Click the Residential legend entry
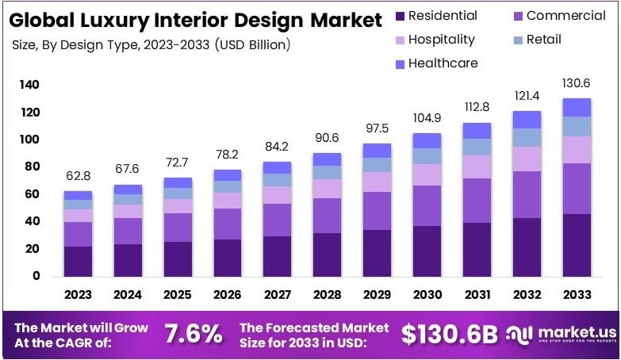pos(443,16)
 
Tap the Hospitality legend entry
pos(441,39)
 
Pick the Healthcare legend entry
pos(443,63)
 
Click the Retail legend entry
pos(542,39)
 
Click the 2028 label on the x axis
pos(327,295)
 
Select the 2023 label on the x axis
pos(78,295)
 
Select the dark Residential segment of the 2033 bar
pos(577,245)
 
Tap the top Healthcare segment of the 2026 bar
pos(228,175)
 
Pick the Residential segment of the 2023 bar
pos(78,261)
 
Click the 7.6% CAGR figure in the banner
pos(194,334)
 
